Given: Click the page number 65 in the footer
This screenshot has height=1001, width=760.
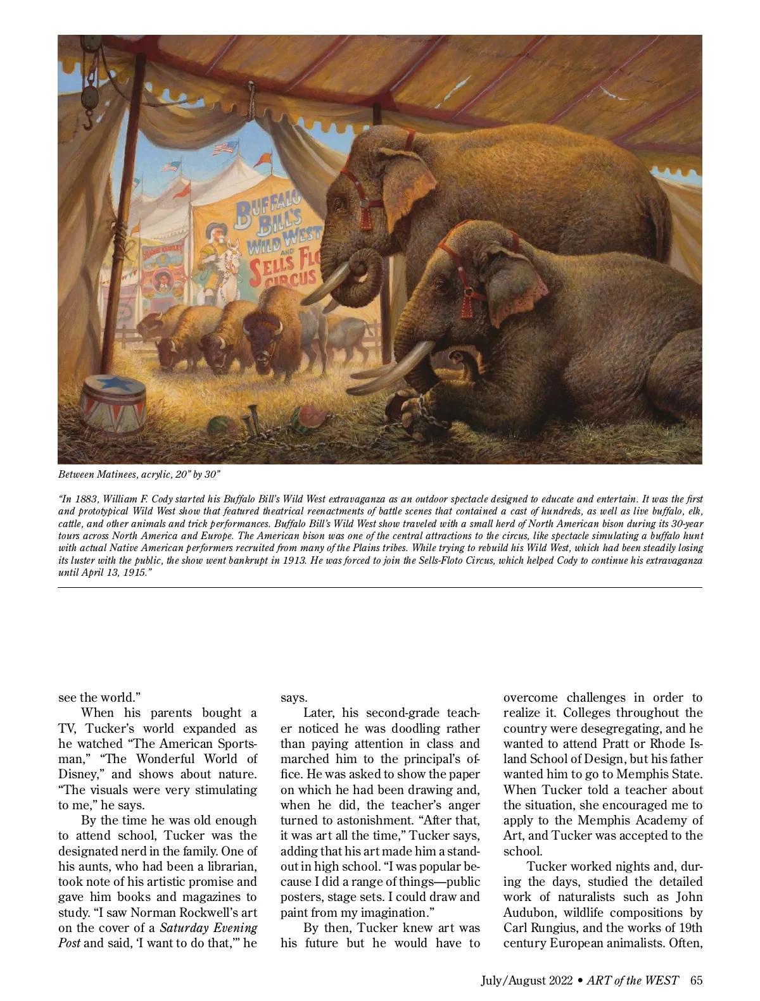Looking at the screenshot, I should coord(696,981).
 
